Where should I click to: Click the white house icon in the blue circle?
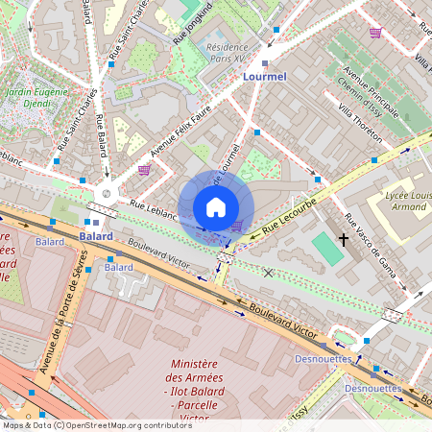(216, 206)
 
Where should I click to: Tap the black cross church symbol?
(344, 240)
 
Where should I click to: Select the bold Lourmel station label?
(265, 76)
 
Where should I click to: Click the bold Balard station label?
(96, 235)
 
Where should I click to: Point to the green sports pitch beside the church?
(326, 250)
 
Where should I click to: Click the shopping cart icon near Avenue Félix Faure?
(144, 170)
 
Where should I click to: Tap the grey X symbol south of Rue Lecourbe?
(268, 274)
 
